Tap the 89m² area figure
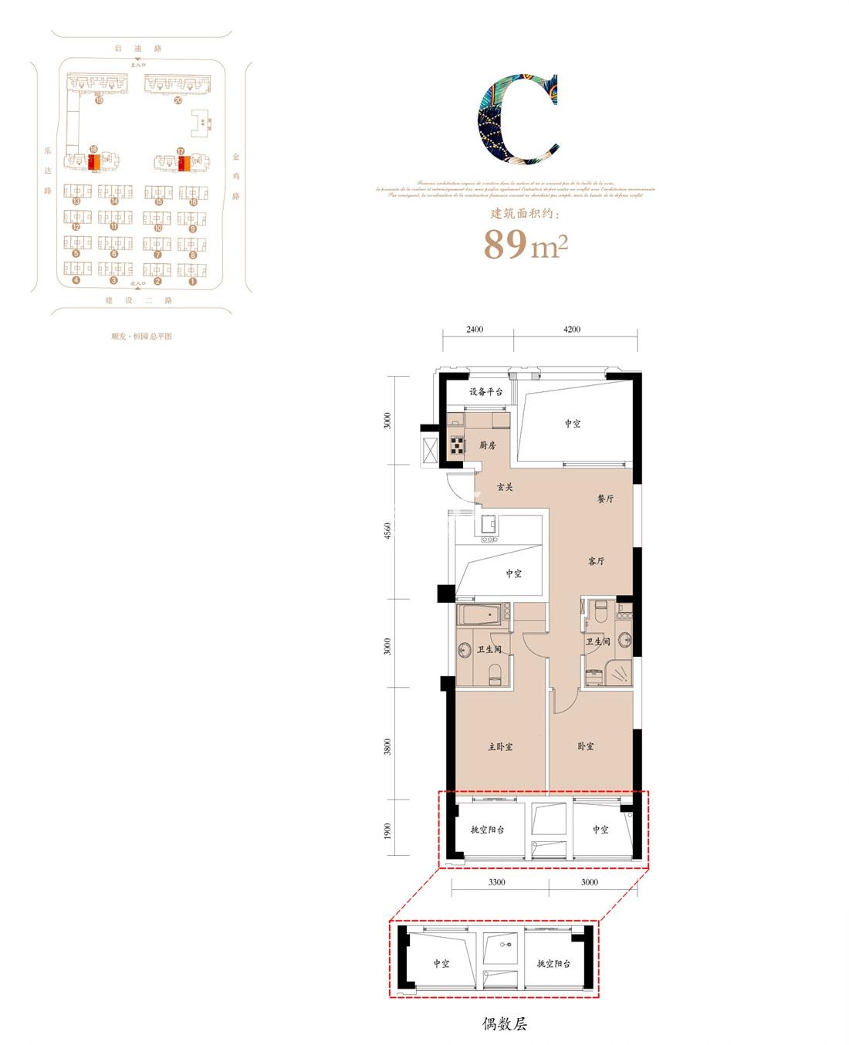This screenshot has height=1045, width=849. (x=526, y=245)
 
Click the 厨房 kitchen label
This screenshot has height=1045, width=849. (x=487, y=445)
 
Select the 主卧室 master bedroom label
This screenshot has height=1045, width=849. (x=500, y=747)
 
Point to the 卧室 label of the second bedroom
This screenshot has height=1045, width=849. (x=586, y=746)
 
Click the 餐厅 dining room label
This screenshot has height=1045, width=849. (x=606, y=499)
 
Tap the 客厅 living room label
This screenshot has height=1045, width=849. (x=596, y=561)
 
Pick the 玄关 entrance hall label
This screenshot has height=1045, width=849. (x=505, y=487)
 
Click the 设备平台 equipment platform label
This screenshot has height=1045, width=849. (x=485, y=392)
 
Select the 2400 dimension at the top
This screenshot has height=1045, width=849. (x=475, y=330)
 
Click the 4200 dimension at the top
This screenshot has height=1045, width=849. (x=572, y=330)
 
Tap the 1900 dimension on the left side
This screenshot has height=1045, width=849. (x=388, y=831)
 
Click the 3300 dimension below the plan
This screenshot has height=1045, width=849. (x=497, y=882)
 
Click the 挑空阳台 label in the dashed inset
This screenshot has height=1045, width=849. (x=553, y=963)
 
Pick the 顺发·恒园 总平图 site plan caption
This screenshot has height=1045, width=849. (x=141, y=336)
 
